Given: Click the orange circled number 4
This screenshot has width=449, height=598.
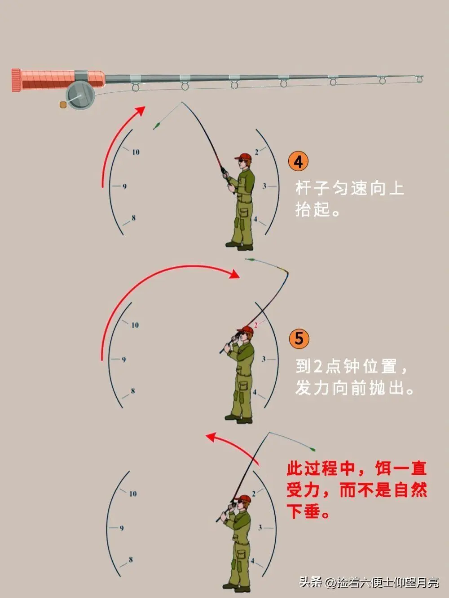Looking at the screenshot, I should pos(299,162).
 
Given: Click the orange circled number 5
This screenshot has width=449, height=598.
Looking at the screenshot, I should pos(299,338).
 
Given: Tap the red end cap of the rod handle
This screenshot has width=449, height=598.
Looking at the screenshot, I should pos(16,81).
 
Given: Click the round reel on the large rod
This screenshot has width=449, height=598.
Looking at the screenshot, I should pos(81,96).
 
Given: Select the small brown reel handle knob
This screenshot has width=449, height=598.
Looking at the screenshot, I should pos(63,105).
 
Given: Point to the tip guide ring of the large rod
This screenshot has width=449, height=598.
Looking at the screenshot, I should pos(419,80).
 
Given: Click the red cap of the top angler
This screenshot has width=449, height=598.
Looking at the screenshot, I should pos(243,157).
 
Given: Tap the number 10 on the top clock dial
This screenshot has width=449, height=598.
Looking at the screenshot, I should pos(136,152).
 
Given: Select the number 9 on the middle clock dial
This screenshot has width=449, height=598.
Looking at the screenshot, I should pos(124,360).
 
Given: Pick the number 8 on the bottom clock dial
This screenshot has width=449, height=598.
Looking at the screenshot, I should pos(131,559).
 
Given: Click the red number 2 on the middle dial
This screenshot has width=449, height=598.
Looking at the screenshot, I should pos(256,325).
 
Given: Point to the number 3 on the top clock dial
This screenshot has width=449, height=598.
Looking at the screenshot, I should pos(264,186).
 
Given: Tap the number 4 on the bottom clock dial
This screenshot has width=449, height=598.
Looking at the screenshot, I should pos(252,561).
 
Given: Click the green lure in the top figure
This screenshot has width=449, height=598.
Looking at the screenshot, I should pos(157,126).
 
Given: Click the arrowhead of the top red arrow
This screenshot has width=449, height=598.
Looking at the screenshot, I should pos(141,110).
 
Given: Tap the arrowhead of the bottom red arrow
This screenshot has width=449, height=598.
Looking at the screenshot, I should pos(210,437).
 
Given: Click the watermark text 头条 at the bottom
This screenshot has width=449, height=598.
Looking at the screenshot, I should pos(311,582).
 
